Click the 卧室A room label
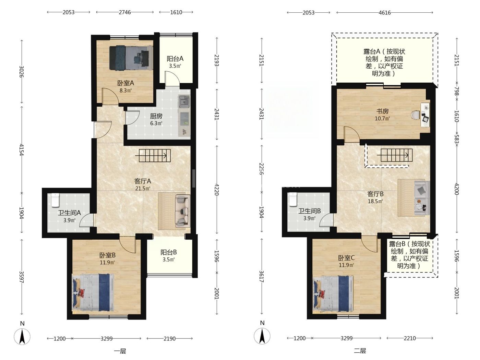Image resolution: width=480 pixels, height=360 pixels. [x=125, y=83]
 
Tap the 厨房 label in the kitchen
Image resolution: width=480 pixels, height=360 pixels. [x=156, y=116]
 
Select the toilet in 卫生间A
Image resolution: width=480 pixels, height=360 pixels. [x=55, y=200]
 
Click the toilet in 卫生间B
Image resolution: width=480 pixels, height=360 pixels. [x=293, y=199]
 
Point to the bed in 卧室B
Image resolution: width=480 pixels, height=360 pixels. [x=93, y=292]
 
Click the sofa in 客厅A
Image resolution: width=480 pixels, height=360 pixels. [x=182, y=211]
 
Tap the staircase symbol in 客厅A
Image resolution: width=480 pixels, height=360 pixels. [x=153, y=156]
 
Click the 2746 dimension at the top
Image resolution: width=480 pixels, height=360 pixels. [x=125, y=12]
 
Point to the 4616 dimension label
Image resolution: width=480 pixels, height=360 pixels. [x=385, y=13]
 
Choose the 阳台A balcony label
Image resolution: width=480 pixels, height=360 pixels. [x=175, y=59]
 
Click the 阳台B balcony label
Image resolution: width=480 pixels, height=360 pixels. [x=169, y=252]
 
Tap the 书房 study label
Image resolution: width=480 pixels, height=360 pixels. [x=382, y=111]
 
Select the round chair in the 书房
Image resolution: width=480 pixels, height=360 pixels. [x=416, y=115]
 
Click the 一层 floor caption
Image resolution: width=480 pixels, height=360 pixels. [x=120, y=351]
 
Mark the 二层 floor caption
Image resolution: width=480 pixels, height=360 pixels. [x=360, y=351]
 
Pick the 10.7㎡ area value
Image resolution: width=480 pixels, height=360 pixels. [x=382, y=119]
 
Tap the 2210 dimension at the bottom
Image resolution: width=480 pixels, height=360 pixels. [x=410, y=338]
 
